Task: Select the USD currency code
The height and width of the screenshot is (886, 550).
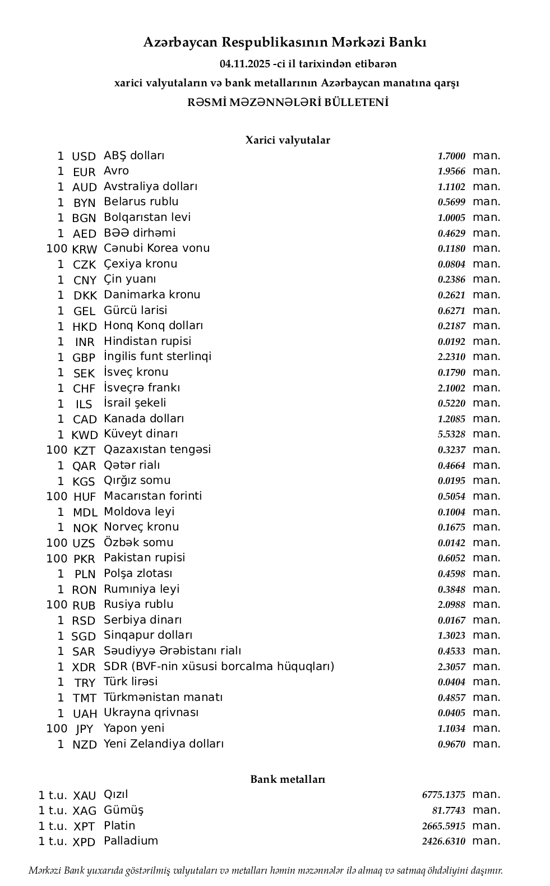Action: click(84, 156)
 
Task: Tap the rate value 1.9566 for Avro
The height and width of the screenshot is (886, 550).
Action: click(451, 172)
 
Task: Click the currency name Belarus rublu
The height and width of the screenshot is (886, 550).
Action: click(141, 202)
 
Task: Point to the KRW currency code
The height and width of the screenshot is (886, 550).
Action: click(84, 249)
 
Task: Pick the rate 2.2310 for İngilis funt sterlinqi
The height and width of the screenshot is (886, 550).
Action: click(451, 357)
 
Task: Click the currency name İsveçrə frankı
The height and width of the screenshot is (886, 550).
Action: click(142, 388)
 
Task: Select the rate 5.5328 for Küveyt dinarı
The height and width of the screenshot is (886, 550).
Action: click(451, 435)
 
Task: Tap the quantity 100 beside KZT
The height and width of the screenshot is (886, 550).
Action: click(57, 450)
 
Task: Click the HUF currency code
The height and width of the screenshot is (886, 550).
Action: click(84, 497)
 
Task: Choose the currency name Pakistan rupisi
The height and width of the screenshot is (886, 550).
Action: click(144, 558)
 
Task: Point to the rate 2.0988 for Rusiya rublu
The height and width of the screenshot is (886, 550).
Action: click(451, 605)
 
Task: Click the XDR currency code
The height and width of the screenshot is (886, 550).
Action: click(84, 667)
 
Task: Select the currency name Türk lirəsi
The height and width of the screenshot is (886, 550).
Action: click(131, 682)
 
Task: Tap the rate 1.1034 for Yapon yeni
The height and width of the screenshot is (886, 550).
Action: click(451, 729)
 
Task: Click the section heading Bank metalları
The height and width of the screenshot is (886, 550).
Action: click(288, 779)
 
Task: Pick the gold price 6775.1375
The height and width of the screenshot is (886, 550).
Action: click(443, 795)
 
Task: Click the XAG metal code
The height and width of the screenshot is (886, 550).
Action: click(84, 811)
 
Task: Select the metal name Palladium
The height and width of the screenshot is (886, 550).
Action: click(131, 841)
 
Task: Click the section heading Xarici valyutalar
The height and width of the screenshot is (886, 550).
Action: click(288, 140)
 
